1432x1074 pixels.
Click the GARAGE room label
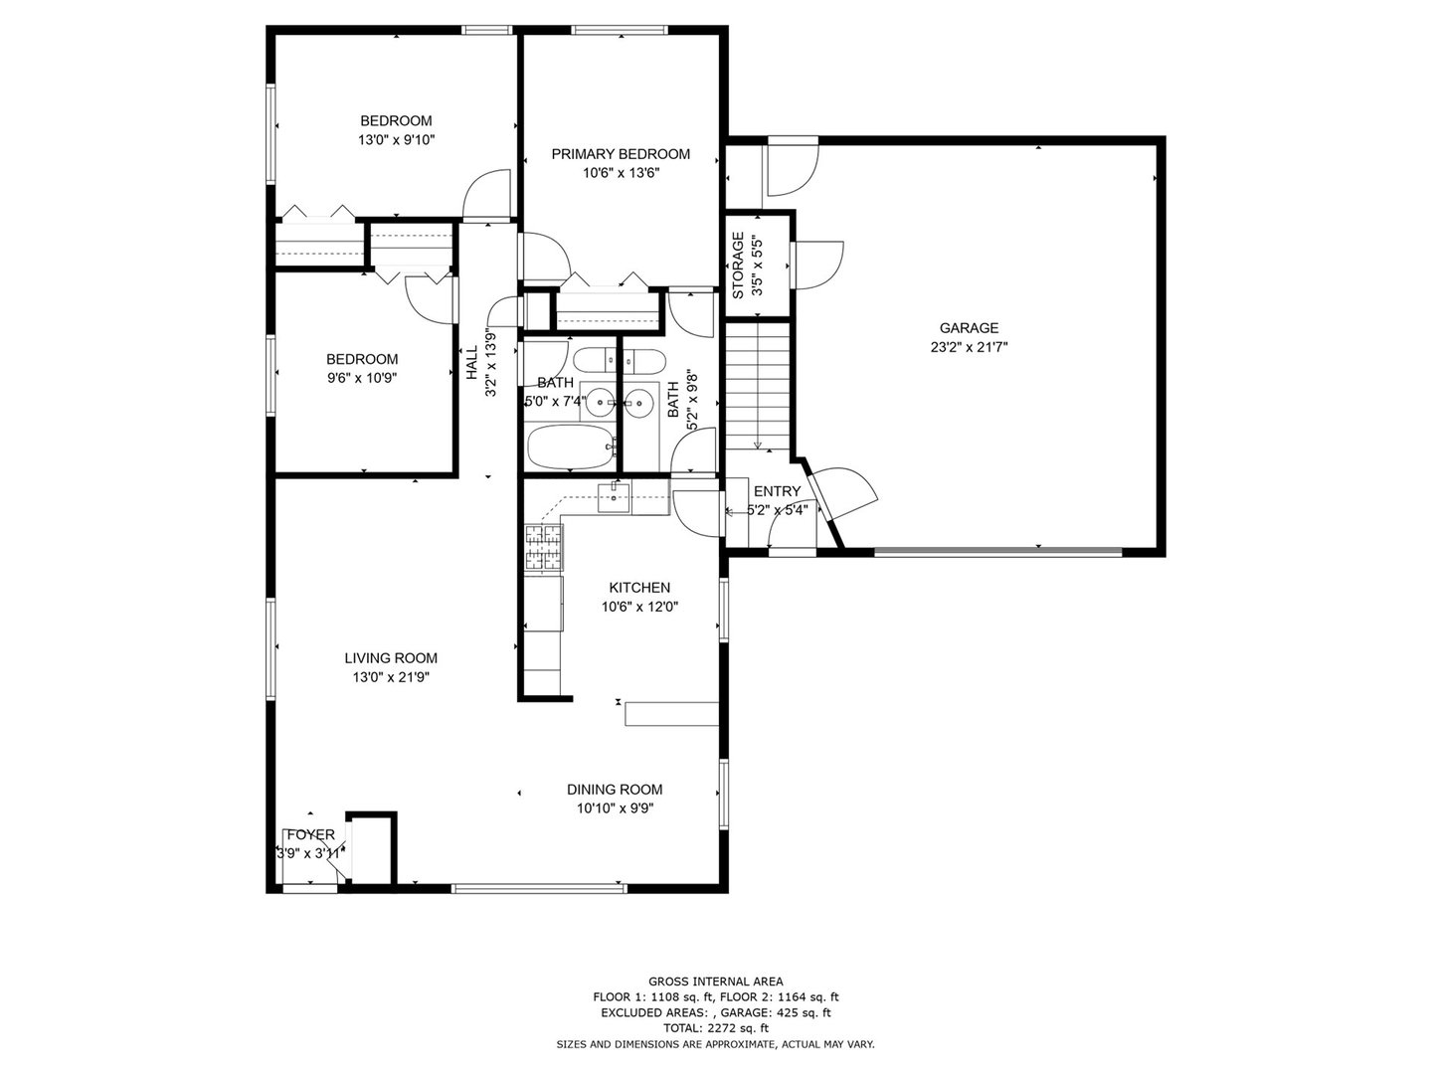pos(969,328)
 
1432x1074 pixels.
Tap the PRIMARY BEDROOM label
pos(621,154)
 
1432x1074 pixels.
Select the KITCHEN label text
pos(639,588)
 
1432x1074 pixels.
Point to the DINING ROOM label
pos(615,790)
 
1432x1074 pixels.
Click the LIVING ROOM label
pos(391,658)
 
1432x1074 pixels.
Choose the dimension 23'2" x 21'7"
pos(969,347)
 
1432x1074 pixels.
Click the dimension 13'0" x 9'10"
pos(396,140)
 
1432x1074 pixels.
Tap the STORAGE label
pos(738,266)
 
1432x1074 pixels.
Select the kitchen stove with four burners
pos(543,548)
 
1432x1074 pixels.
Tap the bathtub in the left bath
pos(568,447)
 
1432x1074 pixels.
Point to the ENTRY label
pos(777,491)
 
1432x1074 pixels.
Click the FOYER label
pos(310,834)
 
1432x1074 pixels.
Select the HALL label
pos(471,363)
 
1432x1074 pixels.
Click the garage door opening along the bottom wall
pos(997,549)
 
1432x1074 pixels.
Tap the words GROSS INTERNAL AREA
pos(715,981)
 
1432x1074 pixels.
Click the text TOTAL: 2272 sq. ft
pos(715,1027)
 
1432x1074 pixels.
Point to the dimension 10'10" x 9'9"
pos(615,808)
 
